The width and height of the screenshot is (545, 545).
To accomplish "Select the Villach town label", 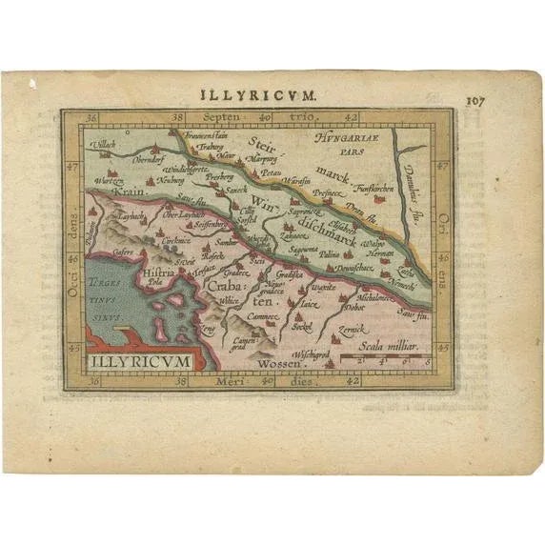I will click(x=103, y=145).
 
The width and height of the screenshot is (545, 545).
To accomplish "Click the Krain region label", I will click(x=127, y=192).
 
